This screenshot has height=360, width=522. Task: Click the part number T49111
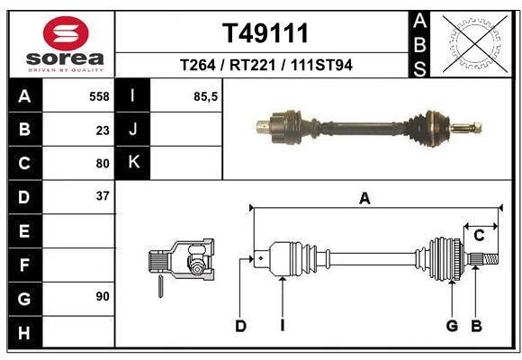[265, 34]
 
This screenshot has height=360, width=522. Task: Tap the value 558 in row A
[98, 95]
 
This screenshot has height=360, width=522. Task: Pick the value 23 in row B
[102, 130]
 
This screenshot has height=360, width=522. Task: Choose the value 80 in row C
[102, 164]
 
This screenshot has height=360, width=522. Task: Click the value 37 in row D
[102, 195]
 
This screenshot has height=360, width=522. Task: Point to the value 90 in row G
[102, 296]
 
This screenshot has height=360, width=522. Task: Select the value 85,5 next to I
[206, 95]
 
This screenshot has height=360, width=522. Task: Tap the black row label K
[133, 163]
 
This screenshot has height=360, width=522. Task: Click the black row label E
[23, 231]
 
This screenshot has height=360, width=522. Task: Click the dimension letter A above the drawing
[364, 199]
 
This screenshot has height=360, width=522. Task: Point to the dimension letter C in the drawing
[480, 235]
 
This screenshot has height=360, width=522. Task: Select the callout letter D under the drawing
[240, 326]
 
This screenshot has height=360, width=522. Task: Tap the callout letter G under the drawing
[452, 326]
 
